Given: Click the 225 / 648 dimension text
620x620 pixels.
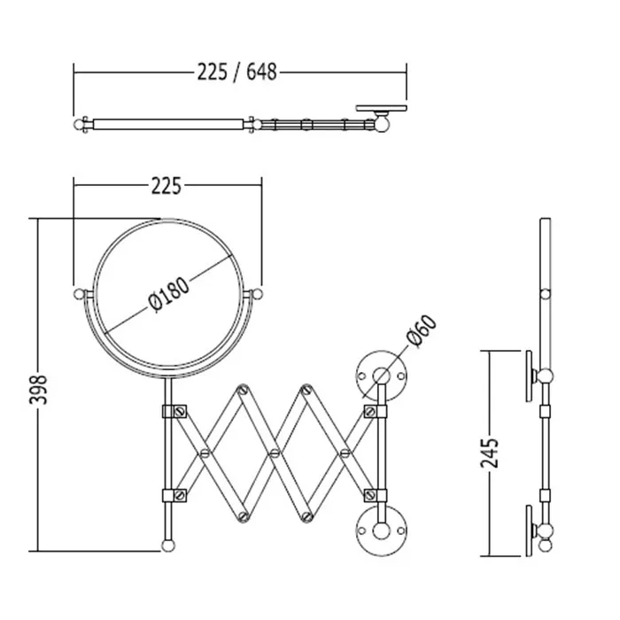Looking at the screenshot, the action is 236,73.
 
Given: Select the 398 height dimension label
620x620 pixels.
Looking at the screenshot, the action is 39,390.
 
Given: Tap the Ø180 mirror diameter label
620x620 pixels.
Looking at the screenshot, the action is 169,295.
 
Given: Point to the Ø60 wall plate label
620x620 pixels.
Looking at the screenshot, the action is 422,331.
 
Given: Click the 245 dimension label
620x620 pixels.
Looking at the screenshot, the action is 490,453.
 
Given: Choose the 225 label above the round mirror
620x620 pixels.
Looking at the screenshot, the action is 167,186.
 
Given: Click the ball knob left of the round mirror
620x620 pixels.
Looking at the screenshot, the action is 80,294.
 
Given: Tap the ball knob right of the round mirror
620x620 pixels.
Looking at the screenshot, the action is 256,294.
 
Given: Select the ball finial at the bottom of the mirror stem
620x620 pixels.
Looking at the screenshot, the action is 168,546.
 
